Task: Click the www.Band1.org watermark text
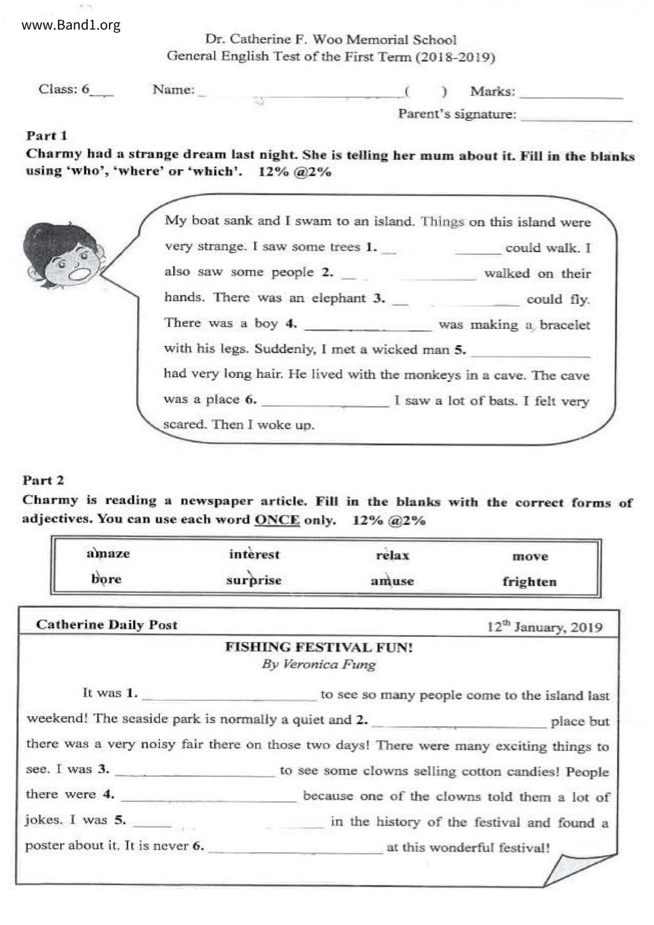pyautogui.click(x=71, y=25)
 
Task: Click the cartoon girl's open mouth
pyautogui.click(x=80, y=274)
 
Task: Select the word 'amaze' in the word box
pyautogui.click(x=108, y=554)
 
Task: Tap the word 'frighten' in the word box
pyautogui.click(x=529, y=582)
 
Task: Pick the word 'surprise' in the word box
pyautogui.click(x=254, y=580)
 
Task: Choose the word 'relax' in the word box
pyautogui.click(x=392, y=555)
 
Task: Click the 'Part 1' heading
pyautogui.click(x=47, y=136)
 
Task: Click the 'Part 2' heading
pyautogui.click(x=43, y=480)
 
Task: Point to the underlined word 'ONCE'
pyautogui.click(x=277, y=520)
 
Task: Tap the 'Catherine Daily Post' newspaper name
pyautogui.click(x=107, y=625)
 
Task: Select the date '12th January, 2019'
pyautogui.click(x=544, y=627)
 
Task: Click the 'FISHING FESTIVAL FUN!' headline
pyautogui.click(x=319, y=647)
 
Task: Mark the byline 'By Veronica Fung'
pyautogui.click(x=319, y=664)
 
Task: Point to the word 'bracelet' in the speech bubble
pyautogui.click(x=564, y=325)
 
